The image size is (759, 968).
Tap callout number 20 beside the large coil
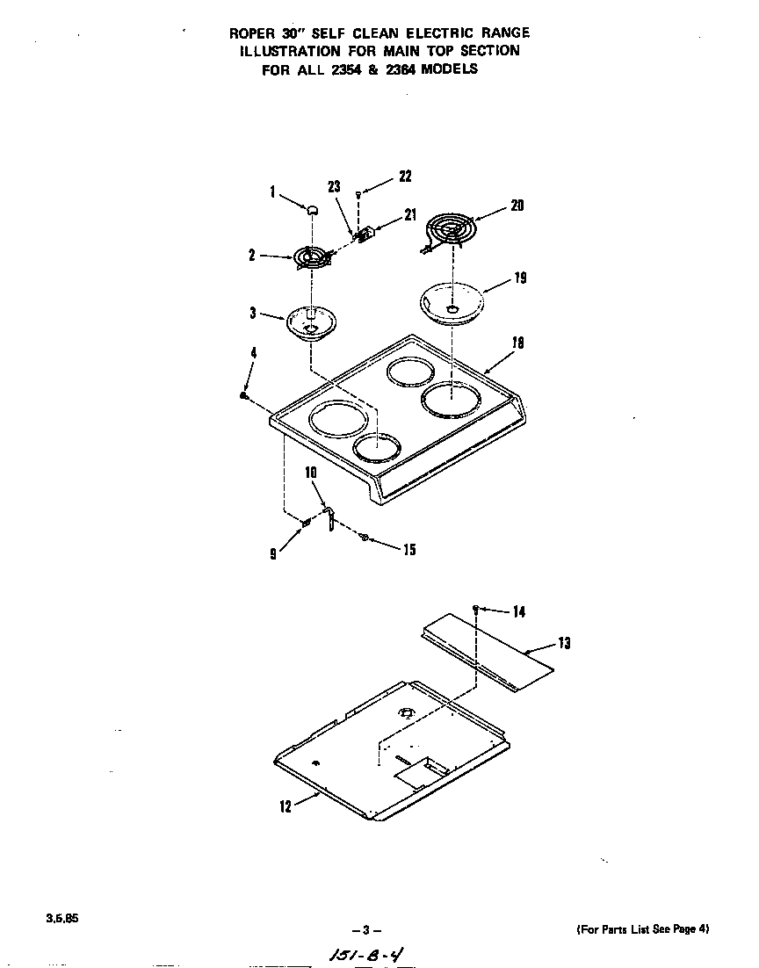(517, 206)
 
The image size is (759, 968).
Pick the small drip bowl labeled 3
(312, 323)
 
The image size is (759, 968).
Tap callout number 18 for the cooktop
(517, 343)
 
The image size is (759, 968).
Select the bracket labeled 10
(330, 519)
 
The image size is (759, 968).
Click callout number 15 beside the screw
(408, 551)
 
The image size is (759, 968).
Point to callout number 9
(274, 554)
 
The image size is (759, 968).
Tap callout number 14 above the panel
(519, 612)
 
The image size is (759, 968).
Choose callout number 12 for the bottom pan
(286, 807)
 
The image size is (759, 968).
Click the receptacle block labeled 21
(368, 233)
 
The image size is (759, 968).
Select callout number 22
(404, 177)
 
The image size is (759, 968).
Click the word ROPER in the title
(252, 33)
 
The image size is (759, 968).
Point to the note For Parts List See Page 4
(642, 928)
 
